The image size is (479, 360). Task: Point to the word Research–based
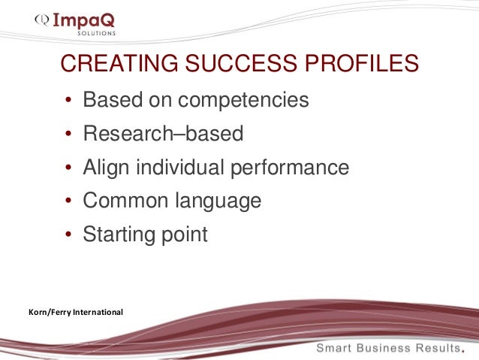(x=163, y=134)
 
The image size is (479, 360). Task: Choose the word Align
(x=107, y=168)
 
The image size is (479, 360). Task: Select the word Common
(x=125, y=201)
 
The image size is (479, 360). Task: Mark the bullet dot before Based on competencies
(x=68, y=101)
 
